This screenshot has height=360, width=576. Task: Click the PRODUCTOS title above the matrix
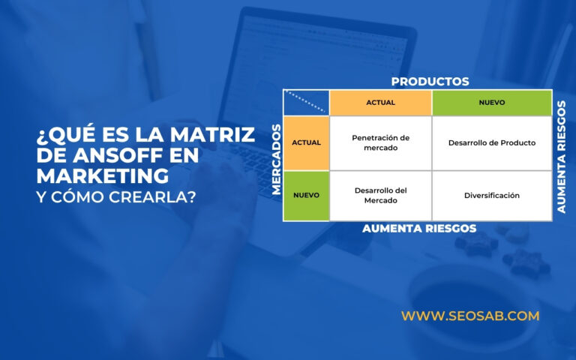point(430,81)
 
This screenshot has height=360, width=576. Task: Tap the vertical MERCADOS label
point(277,159)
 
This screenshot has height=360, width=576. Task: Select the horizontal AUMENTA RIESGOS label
point(419,229)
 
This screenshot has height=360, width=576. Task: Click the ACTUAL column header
point(380,103)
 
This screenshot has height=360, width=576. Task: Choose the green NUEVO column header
point(491,103)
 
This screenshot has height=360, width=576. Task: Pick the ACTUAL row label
point(307,142)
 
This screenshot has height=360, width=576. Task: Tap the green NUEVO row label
point(307,195)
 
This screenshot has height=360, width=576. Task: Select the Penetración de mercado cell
point(380,142)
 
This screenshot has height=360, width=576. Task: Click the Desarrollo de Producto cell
point(491,142)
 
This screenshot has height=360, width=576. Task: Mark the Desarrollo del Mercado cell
point(380,195)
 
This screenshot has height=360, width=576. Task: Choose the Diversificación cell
point(491,195)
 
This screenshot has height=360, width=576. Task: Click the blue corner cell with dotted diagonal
point(307,103)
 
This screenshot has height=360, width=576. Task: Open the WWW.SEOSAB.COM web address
point(470,316)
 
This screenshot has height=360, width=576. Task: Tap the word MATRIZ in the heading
point(216,136)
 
